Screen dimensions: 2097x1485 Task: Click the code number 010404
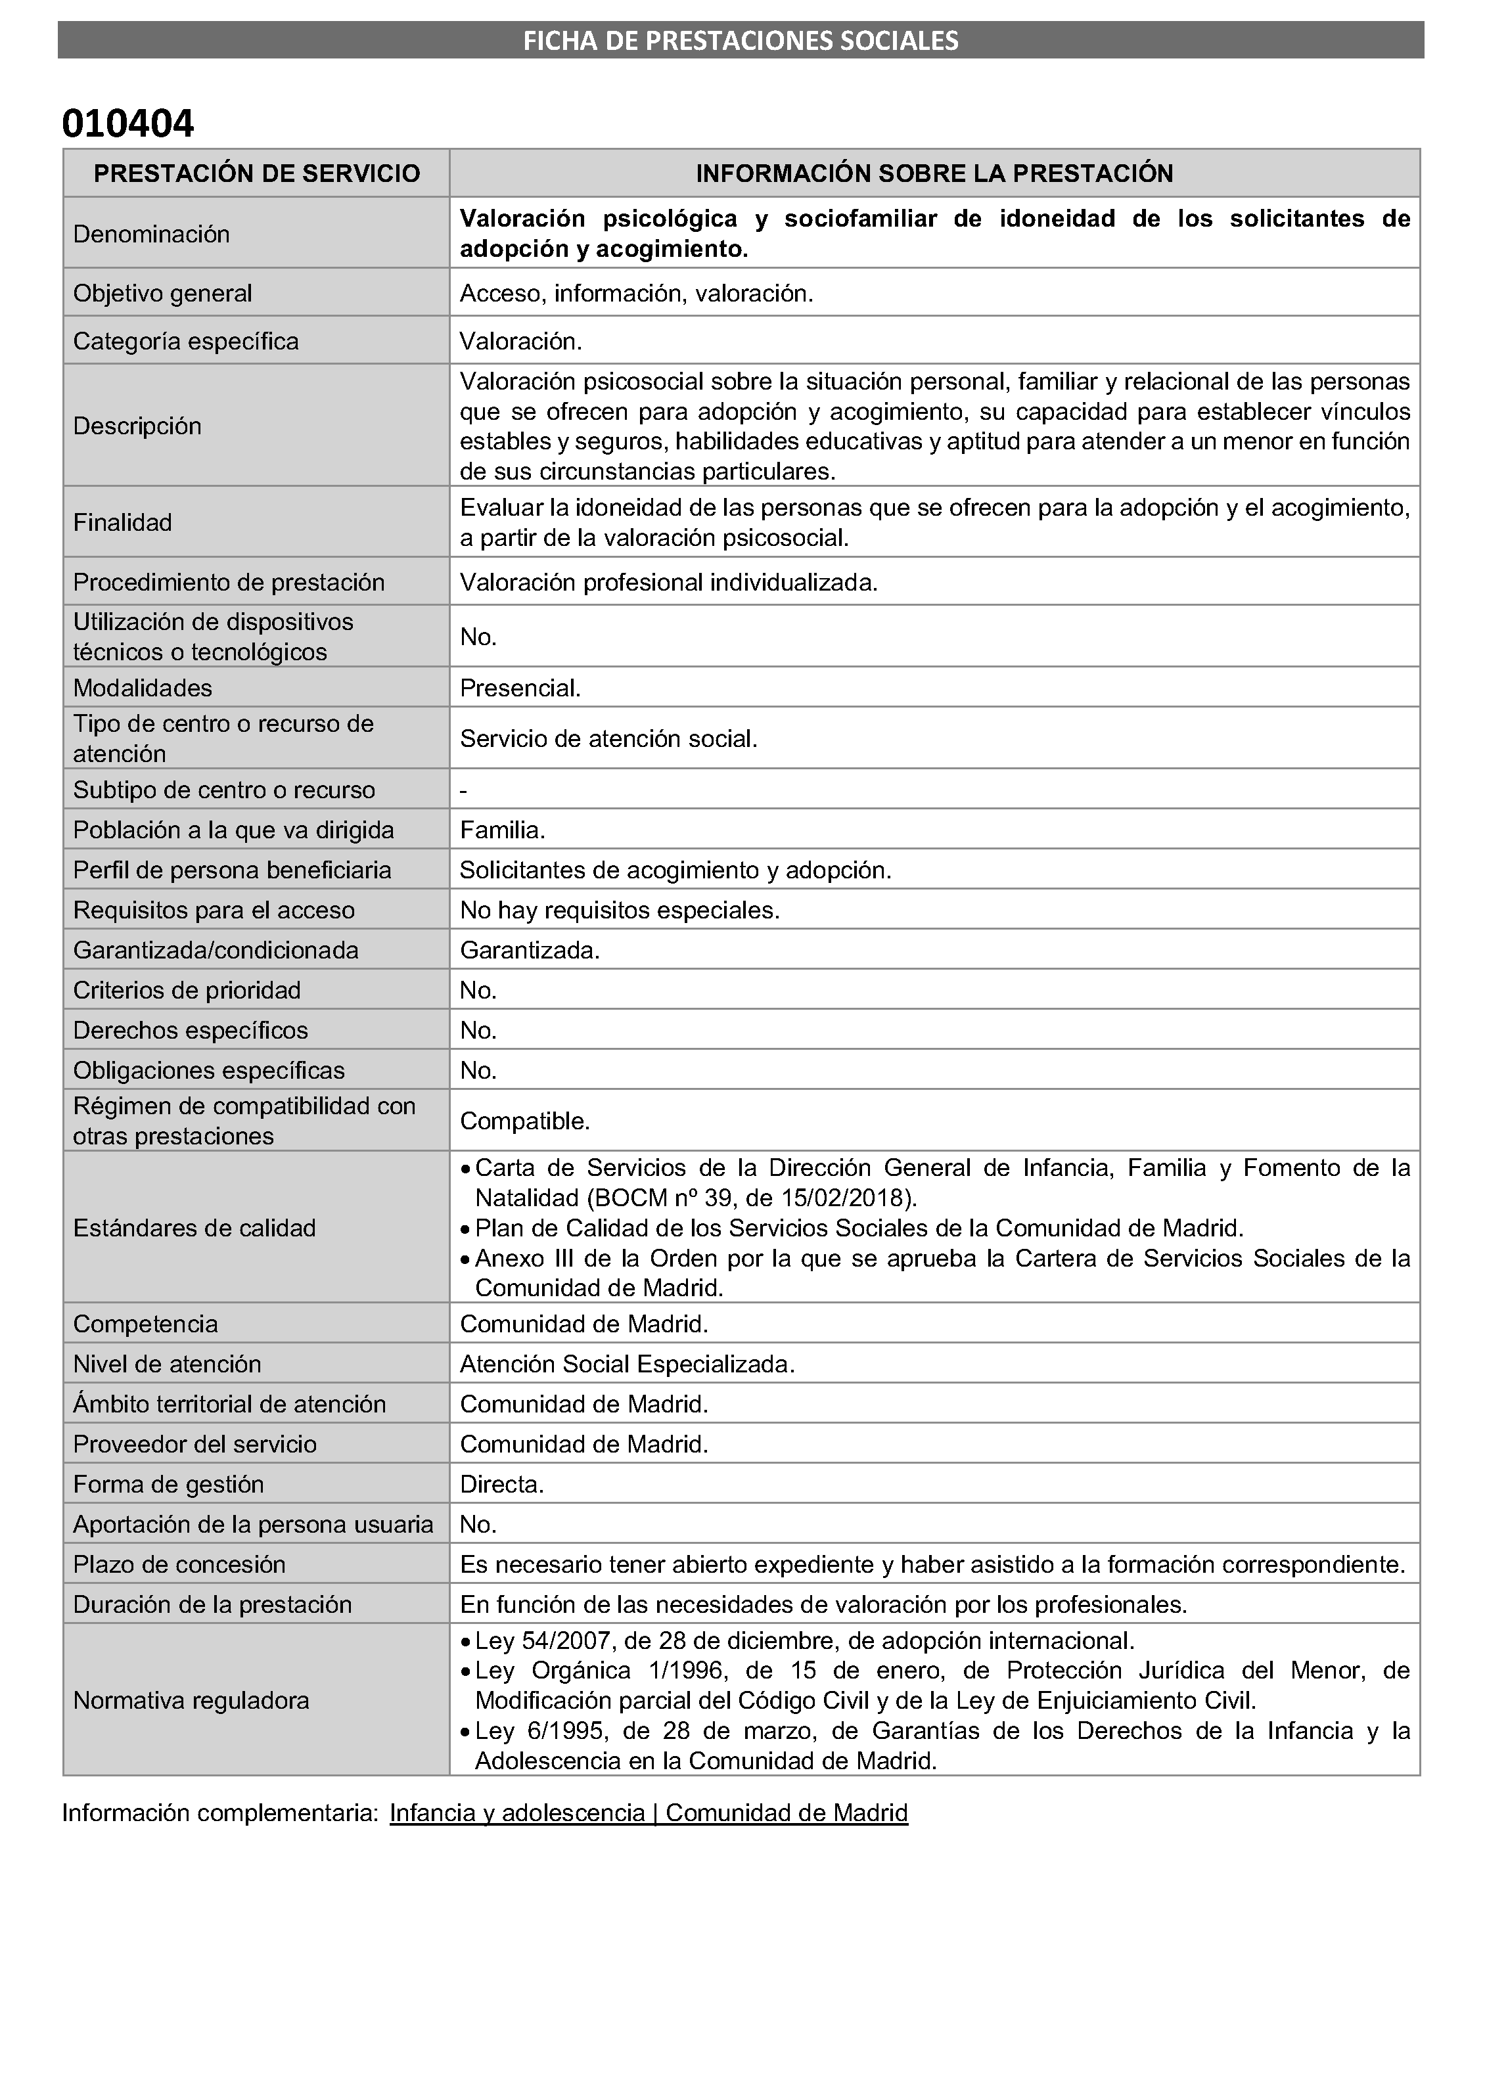coord(128,124)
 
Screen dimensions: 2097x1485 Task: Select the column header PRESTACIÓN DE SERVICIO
coord(257,173)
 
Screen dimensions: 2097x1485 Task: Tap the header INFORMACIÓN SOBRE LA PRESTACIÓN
coord(934,173)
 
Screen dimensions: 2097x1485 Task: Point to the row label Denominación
coord(151,234)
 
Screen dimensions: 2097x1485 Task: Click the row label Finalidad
coord(122,523)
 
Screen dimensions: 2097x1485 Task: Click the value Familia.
coord(502,830)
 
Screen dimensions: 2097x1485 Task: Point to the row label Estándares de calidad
coord(194,1228)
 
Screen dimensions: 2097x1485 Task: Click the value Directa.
coord(502,1485)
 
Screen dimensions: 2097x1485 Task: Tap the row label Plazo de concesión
coord(179,1564)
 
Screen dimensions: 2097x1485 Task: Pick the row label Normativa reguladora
coord(191,1700)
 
